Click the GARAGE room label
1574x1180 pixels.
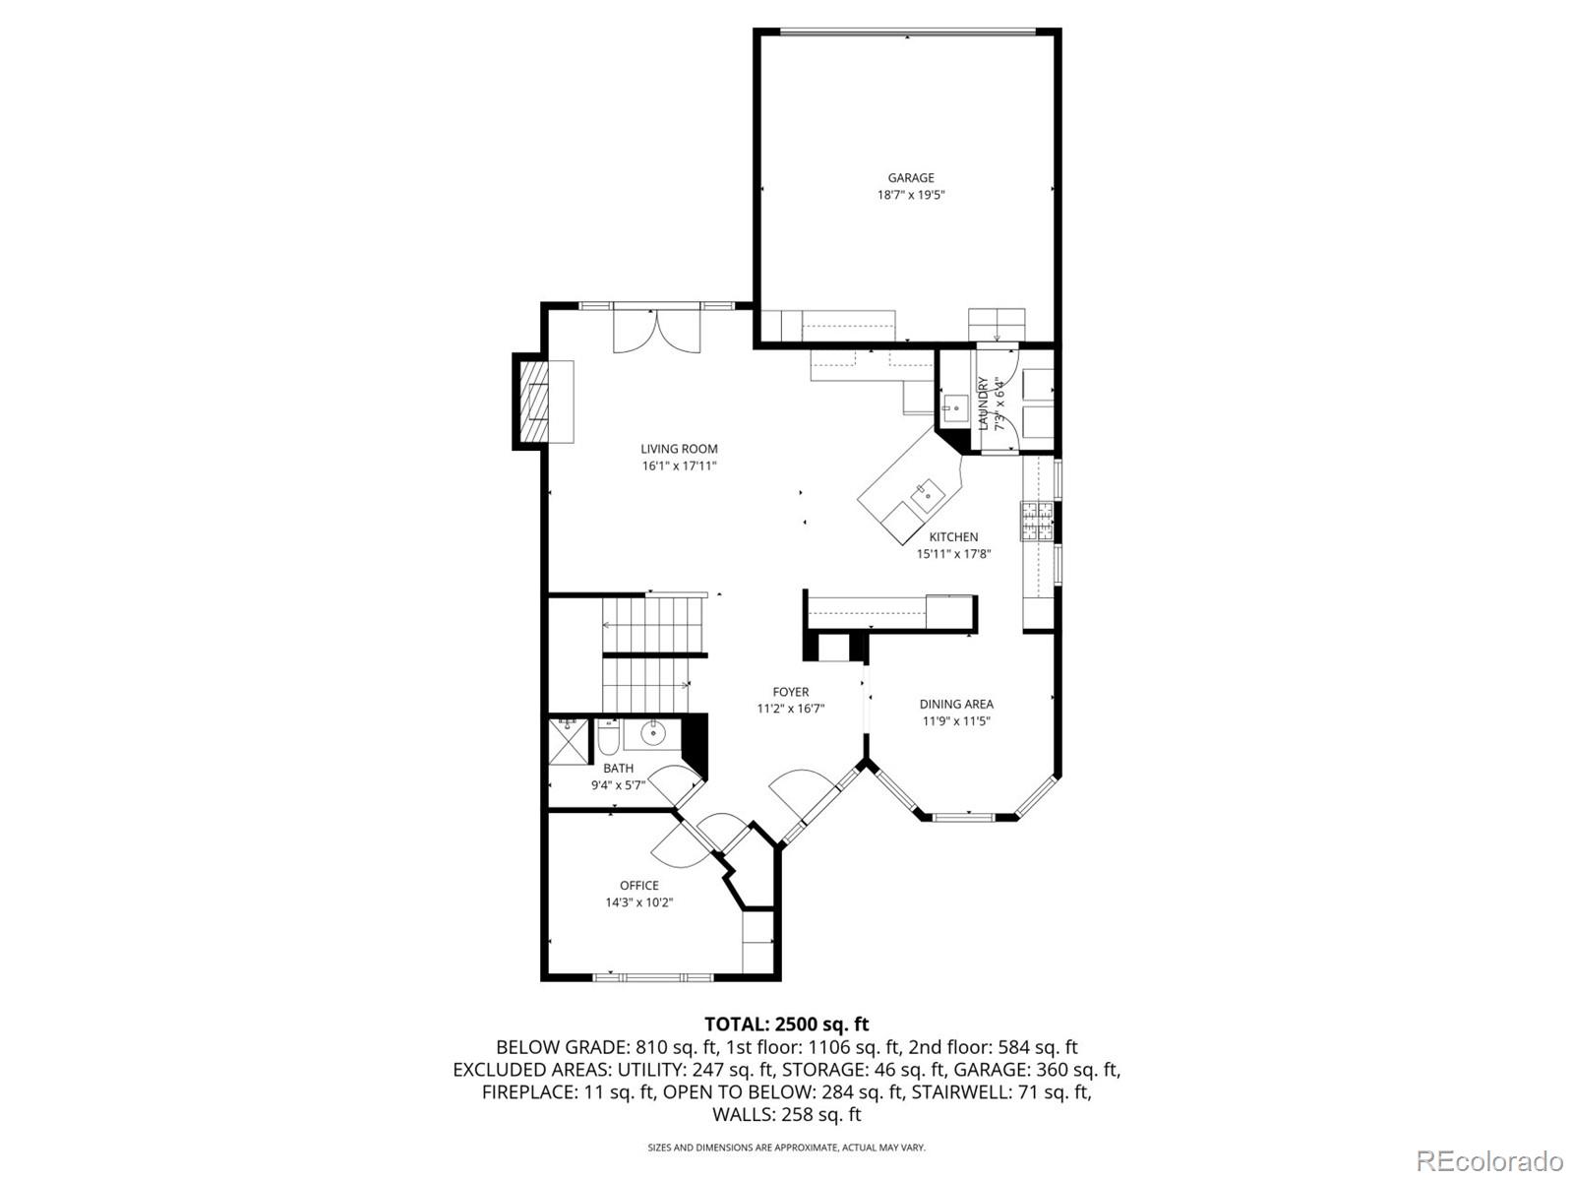(x=911, y=178)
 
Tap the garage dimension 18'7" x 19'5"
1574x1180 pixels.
(x=911, y=195)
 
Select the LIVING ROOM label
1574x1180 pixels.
(x=679, y=449)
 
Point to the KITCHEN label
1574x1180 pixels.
(x=953, y=537)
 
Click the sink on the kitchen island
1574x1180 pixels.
(x=925, y=494)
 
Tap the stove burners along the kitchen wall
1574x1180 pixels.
(x=1037, y=521)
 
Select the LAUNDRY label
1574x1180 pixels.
(x=983, y=404)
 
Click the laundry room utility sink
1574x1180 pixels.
(x=954, y=406)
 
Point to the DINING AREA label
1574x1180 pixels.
(x=956, y=704)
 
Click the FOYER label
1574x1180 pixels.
(x=790, y=692)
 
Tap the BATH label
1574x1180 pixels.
(x=618, y=768)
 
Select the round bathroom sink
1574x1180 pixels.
(x=652, y=733)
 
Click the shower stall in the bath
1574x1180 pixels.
(x=569, y=741)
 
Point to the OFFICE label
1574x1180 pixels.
(x=638, y=885)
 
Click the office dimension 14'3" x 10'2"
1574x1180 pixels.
(x=638, y=901)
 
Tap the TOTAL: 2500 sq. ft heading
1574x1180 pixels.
(x=786, y=1025)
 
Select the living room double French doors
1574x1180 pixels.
(x=656, y=330)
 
